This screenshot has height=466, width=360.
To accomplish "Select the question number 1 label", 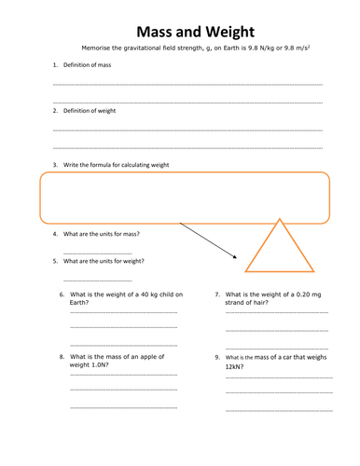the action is click(55, 65).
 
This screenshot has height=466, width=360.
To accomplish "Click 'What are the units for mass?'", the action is click(103, 234).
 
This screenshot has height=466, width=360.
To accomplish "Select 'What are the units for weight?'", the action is click(104, 262).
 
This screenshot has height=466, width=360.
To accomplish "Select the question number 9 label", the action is click(217, 357).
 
